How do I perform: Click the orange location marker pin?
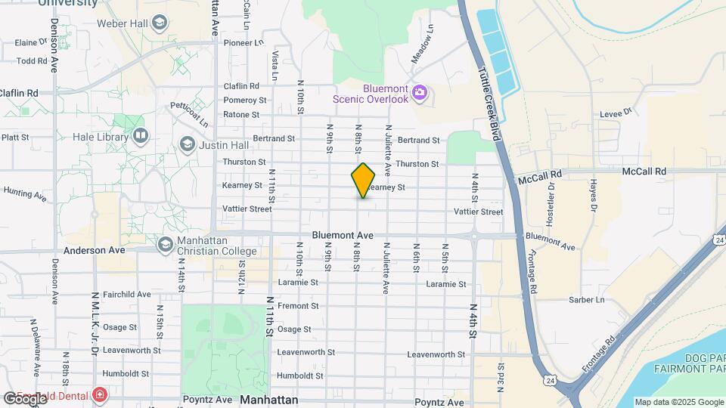click(x=363, y=181)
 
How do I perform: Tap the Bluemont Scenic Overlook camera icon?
click(x=420, y=94)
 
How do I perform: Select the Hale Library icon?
click(x=140, y=136)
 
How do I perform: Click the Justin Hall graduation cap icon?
click(x=186, y=144)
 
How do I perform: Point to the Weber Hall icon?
click(x=159, y=23)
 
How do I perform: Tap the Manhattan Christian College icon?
click(x=165, y=245)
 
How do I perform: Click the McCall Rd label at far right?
click(x=644, y=172)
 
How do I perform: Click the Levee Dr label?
click(x=616, y=113)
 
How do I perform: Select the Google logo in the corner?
click(x=25, y=398)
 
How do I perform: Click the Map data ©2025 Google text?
click(x=678, y=403)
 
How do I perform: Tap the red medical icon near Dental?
click(x=99, y=394)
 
